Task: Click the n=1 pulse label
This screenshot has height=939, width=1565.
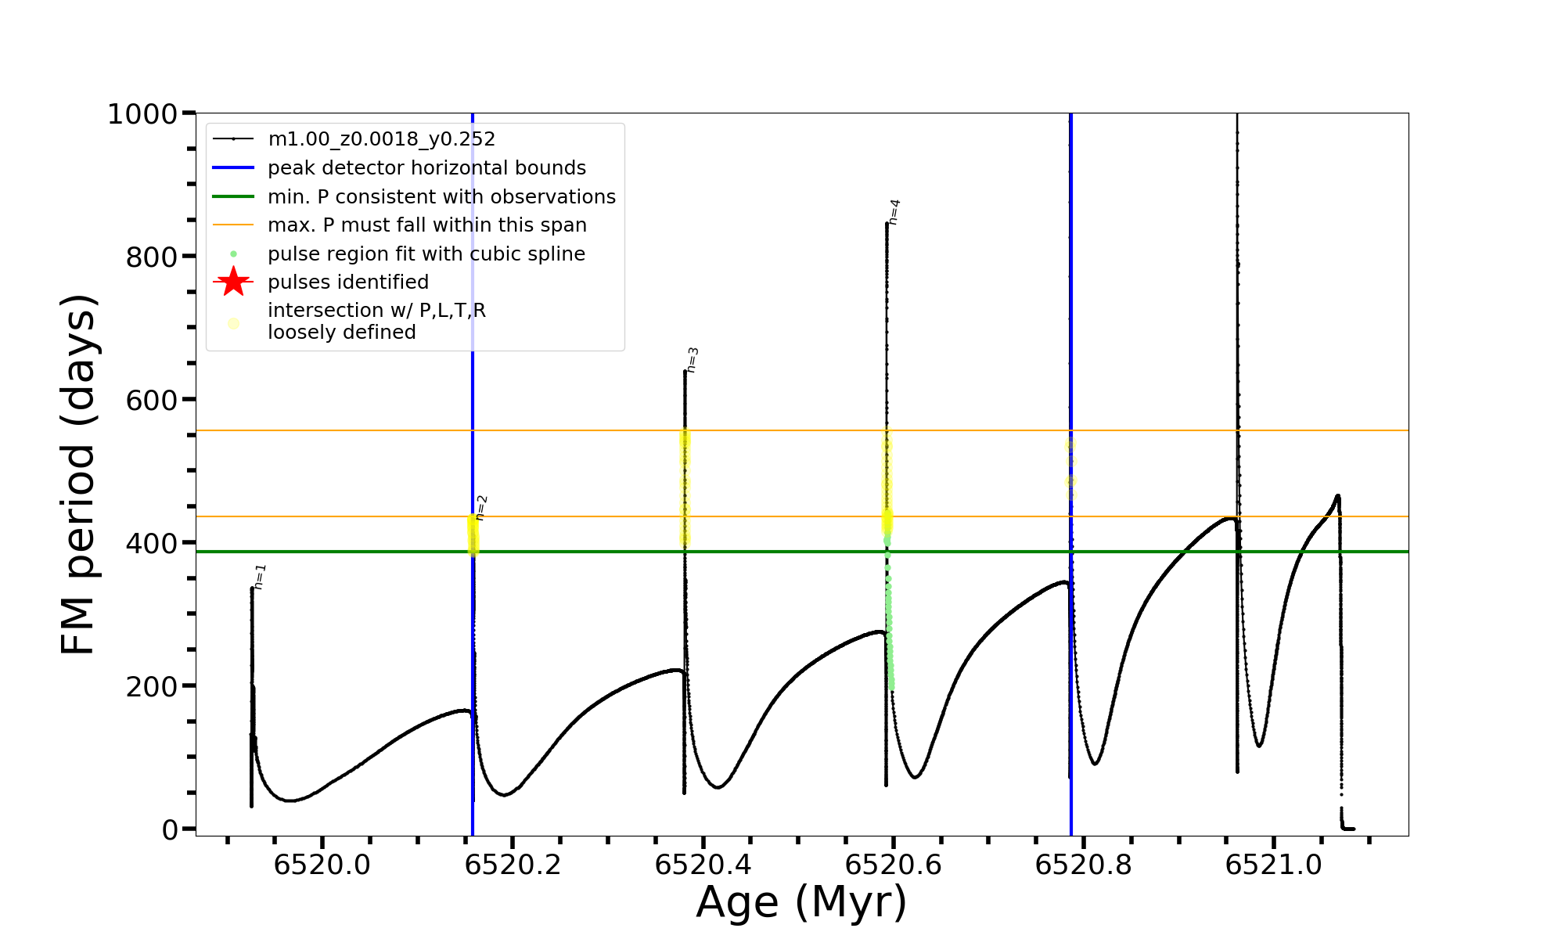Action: point(261,576)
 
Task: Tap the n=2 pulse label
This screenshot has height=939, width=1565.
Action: point(481,507)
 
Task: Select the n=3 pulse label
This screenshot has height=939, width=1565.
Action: point(692,360)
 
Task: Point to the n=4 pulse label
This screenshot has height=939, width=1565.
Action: point(894,212)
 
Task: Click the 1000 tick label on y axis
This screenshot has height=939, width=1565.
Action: point(142,114)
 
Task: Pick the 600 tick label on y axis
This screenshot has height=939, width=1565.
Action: point(152,400)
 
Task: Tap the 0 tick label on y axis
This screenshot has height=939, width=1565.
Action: point(171,829)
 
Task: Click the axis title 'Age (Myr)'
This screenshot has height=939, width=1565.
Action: point(801,902)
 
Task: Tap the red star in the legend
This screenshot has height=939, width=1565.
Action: point(233,282)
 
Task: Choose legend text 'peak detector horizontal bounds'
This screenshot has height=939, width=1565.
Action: point(426,168)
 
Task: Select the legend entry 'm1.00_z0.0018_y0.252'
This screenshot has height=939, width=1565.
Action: point(381,139)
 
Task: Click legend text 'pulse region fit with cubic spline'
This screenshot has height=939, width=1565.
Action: point(426,254)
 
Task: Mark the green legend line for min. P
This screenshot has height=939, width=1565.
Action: point(233,196)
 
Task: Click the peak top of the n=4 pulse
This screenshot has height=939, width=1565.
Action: point(887,224)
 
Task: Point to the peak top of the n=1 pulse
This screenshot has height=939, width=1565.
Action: point(252,588)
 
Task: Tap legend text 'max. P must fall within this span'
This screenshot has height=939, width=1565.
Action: point(426,225)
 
